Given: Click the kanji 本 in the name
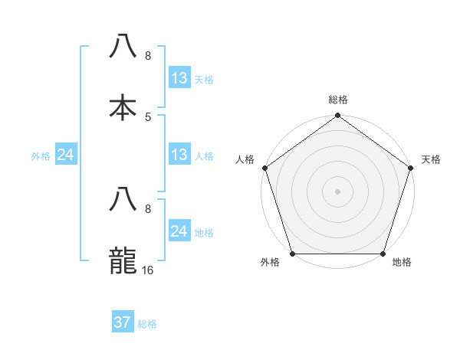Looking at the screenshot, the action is click(123, 107).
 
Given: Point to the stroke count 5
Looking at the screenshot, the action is click(148, 116).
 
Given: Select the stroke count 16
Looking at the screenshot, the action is click(149, 270).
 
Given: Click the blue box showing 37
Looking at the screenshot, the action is click(123, 322).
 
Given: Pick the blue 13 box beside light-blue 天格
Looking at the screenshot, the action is click(179, 78).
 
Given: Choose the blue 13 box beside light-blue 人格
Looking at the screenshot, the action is click(179, 155).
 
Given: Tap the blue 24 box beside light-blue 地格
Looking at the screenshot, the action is click(179, 231).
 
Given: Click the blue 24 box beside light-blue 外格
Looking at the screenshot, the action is click(66, 155).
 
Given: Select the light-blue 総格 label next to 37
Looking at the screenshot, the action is click(147, 324).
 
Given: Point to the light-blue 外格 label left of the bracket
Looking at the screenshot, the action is click(41, 155).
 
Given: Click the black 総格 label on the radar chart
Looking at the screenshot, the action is click(338, 100).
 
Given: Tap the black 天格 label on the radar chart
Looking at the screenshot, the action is click(431, 159).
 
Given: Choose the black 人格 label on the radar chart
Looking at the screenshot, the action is click(245, 159).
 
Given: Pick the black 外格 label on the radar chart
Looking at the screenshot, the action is click(270, 263).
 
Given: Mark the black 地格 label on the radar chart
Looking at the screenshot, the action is click(402, 263).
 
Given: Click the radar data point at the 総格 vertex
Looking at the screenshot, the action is click(337, 116).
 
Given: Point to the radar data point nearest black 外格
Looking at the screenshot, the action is click(292, 254).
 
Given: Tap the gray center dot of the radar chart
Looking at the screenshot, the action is click(337, 191).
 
